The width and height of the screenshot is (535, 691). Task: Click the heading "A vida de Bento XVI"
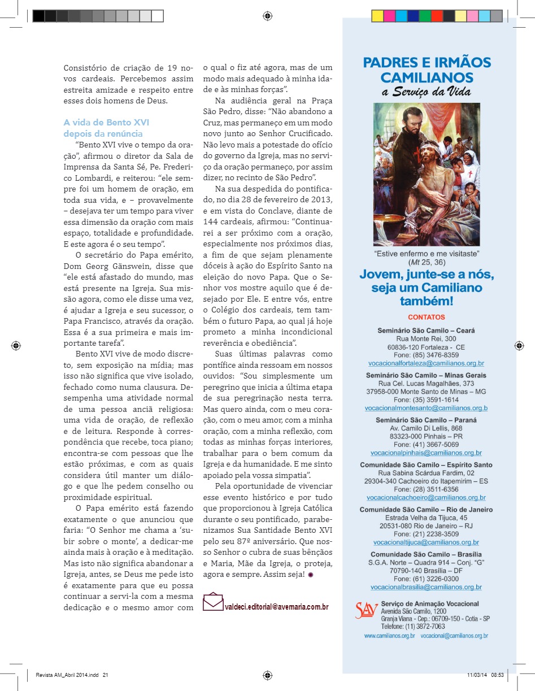(106, 122)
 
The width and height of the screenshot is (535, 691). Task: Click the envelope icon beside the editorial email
(213, 602)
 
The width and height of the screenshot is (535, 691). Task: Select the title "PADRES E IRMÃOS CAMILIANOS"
(427, 69)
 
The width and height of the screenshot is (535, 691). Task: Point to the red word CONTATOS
(426, 317)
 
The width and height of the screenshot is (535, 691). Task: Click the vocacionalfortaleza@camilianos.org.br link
(426, 363)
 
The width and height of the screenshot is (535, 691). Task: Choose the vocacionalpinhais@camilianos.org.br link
(426, 453)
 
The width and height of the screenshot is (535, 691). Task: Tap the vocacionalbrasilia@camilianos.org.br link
(426, 587)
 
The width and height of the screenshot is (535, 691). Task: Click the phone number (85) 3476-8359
(426, 355)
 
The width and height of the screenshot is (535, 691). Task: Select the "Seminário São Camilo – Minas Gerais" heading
(426, 375)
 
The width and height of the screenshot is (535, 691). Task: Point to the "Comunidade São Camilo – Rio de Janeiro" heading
(426, 510)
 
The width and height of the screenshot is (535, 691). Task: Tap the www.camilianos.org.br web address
(390, 636)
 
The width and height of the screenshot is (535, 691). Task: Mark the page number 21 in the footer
(105, 675)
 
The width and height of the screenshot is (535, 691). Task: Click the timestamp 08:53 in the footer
(497, 675)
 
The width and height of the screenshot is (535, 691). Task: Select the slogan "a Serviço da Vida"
(427, 92)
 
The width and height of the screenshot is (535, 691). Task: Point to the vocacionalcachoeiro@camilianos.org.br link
(426, 497)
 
